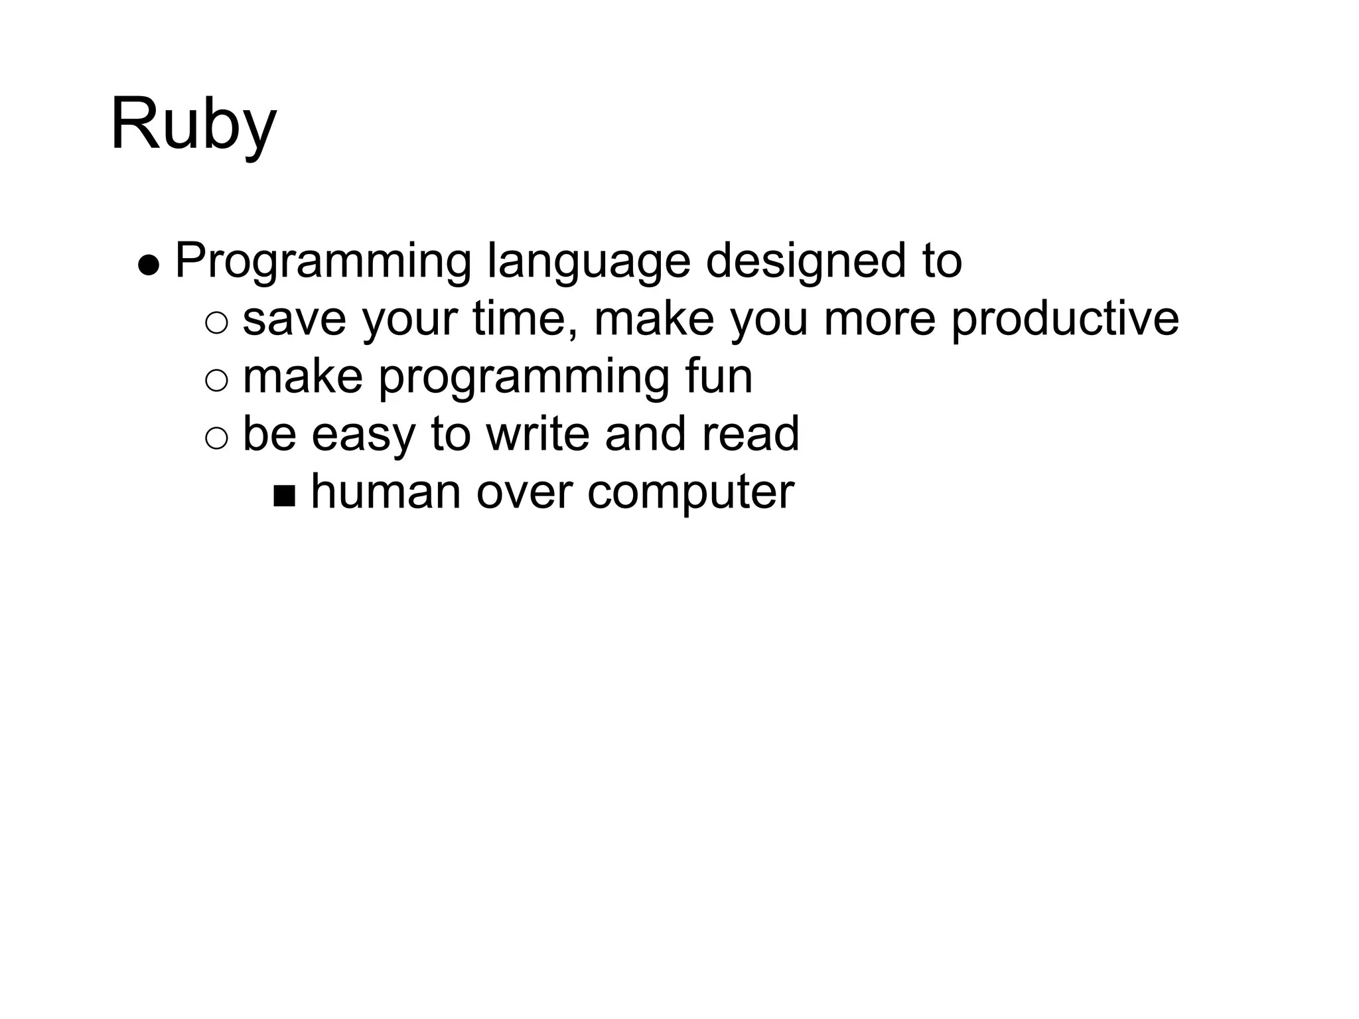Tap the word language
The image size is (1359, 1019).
588,262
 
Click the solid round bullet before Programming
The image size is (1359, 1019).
149,265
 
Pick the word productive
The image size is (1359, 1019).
1065,320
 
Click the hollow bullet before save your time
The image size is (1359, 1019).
216,323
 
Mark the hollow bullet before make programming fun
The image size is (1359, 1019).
216,381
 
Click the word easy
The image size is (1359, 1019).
363,435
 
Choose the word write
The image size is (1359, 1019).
537,434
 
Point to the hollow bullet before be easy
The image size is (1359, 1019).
216,439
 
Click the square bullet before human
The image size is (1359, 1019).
284,496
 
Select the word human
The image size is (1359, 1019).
386,492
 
